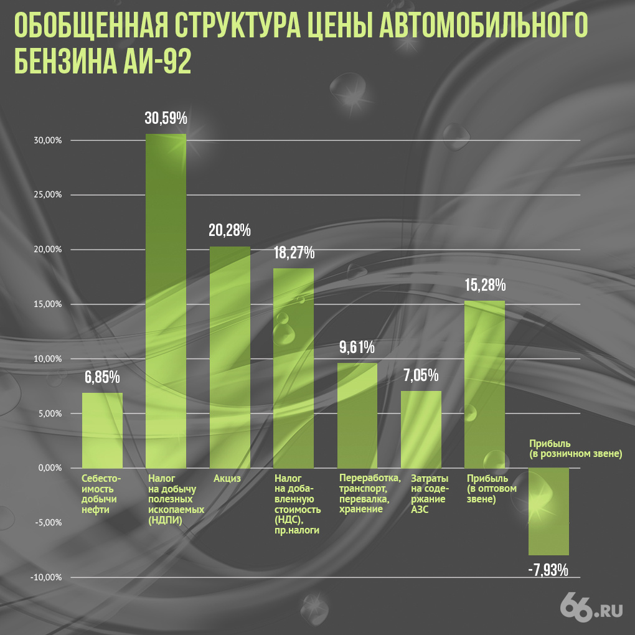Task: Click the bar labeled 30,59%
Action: [x=166, y=301]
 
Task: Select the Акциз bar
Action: [x=230, y=357]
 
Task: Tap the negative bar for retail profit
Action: [x=548, y=511]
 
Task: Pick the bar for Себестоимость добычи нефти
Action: [x=102, y=430]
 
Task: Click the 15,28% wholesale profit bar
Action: [x=484, y=384]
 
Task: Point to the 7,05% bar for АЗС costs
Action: [x=421, y=429]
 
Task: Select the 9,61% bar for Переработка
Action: [x=357, y=415]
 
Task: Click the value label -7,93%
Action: [x=548, y=570]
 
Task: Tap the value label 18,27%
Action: [x=294, y=253]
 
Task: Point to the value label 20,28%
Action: [x=230, y=230]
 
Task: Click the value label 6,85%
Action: [x=102, y=377]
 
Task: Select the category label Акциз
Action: [x=227, y=479]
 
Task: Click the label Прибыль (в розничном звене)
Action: [x=575, y=449]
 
